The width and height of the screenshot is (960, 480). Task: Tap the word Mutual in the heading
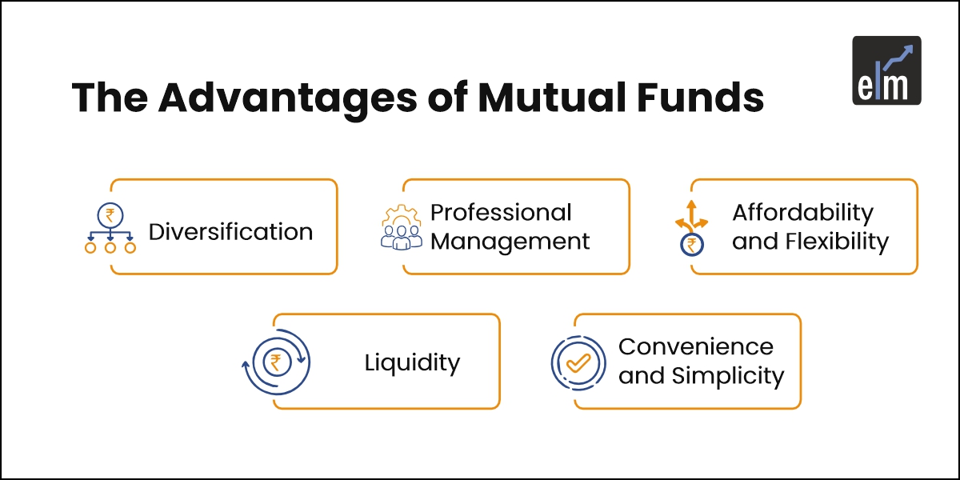544,98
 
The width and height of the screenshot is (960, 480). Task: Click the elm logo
886,70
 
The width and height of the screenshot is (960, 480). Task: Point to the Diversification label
230,232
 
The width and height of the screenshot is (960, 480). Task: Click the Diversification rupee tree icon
110,228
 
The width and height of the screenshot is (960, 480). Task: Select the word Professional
501,213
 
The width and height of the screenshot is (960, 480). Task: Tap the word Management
510,241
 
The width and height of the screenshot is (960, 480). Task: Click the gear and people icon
401,228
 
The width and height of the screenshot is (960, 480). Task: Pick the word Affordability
802,213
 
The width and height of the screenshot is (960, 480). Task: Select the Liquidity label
412,362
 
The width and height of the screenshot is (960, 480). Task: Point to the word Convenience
696,347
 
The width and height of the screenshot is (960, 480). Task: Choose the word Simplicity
727,375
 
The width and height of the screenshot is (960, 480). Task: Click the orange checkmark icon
578,362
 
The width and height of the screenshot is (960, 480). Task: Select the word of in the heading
443,98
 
